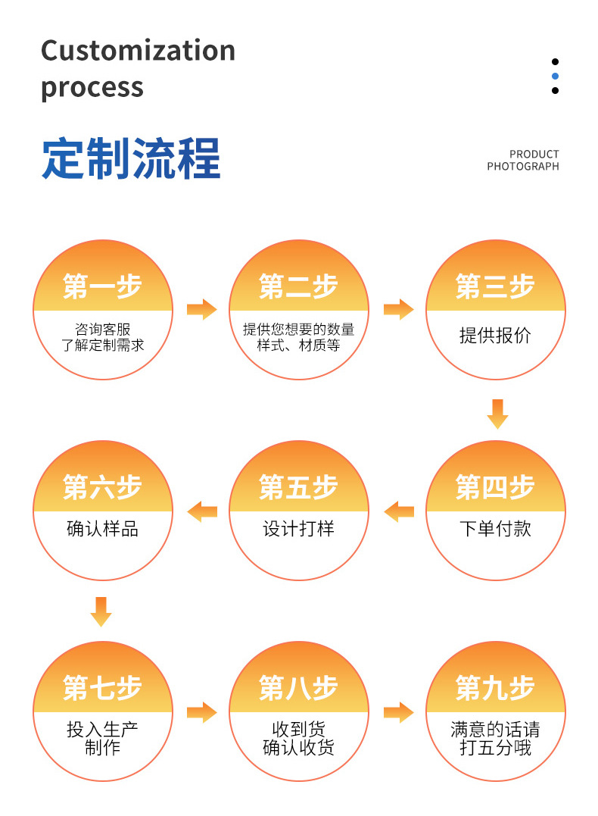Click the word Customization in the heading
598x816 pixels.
138,51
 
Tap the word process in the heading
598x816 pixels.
92,87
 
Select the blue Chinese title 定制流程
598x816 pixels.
131,158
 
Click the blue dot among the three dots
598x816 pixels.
555,76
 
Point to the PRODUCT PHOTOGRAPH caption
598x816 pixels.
523,160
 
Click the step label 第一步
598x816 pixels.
102,286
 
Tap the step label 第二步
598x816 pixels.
298,286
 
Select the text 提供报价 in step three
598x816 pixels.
495,336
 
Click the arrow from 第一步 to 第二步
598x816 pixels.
201,309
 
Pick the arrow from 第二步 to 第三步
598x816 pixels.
398,309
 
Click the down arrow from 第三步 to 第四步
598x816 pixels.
497,413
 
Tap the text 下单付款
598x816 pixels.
495,528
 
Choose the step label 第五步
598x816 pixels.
298,487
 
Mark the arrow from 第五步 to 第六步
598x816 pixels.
202,511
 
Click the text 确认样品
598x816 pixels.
102,528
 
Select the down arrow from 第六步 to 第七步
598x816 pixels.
101,611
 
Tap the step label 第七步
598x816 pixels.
102,688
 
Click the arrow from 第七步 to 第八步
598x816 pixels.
201,712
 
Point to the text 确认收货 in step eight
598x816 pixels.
298,748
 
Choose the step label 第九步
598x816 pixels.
495,688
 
